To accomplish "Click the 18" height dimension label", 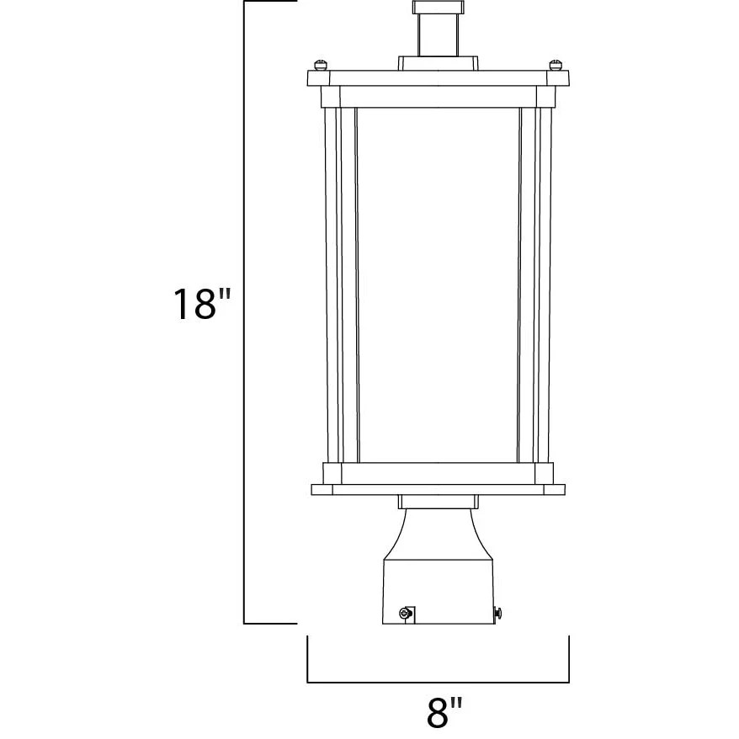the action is (202, 304).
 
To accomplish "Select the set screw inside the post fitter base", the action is (406, 613).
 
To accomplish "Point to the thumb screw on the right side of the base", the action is (497, 613).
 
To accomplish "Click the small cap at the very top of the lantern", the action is (439, 7).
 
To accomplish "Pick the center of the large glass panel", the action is (438, 285).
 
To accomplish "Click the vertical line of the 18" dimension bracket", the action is (243, 312).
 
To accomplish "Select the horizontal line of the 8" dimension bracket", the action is (439, 682).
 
